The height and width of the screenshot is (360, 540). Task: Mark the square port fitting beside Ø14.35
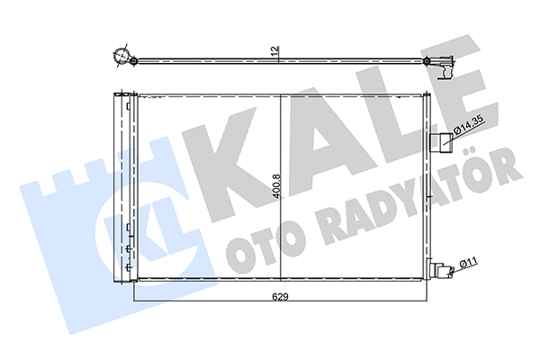tap(443, 140)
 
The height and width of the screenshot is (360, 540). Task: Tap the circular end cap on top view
tap(121, 56)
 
